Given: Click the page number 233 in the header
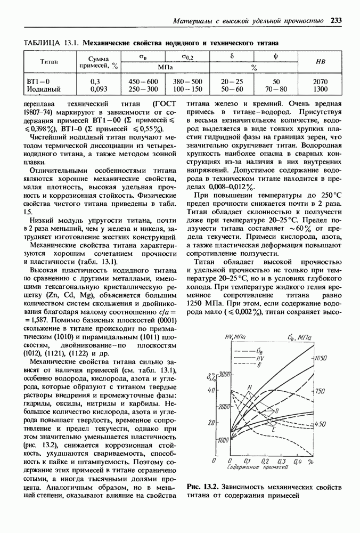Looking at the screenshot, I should point(336,21).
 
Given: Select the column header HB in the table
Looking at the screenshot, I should point(321,61).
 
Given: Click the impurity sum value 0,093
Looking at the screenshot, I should point(99,89).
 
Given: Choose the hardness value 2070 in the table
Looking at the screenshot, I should point(321,82).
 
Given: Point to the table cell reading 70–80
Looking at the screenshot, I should point(276,89).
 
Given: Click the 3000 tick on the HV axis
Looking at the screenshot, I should point(224,373).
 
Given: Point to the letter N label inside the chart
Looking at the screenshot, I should point(250,387).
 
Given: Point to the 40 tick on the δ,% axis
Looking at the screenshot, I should point(211,391).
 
